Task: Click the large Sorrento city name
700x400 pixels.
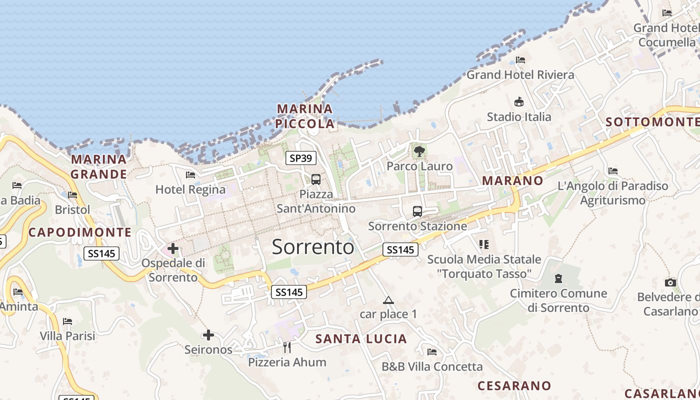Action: pos(313,247)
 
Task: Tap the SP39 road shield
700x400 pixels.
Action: pos(301,158)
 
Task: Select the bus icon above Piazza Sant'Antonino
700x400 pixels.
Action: pos(315,179)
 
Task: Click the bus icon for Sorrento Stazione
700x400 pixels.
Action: pos(417,211)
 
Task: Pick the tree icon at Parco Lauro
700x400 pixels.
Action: pos(419,151)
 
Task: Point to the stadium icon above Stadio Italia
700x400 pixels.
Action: pos(519,102)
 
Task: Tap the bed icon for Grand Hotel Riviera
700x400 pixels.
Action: pos(520,60)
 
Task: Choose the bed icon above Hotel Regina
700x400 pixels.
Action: pos(190,175)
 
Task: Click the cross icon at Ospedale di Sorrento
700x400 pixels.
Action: pos(173,248)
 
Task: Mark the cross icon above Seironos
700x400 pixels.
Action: pos(208,335)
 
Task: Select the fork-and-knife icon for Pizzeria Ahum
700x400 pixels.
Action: pos(287,347)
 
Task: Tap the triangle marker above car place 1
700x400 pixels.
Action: pos(388,300)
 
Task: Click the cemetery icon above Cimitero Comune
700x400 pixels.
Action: pos(558,278)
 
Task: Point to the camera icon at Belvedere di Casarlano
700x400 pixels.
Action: pos(670,282)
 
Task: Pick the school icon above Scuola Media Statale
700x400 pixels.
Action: pos(483,244)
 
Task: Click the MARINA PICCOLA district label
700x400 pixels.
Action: pos(305,116)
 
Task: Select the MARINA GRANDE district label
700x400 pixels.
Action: pos(99,166)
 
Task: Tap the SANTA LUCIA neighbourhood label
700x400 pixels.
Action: pos(361,339)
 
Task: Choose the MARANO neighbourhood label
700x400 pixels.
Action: pos(512,181)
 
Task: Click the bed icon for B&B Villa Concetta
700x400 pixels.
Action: pos(432,352)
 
